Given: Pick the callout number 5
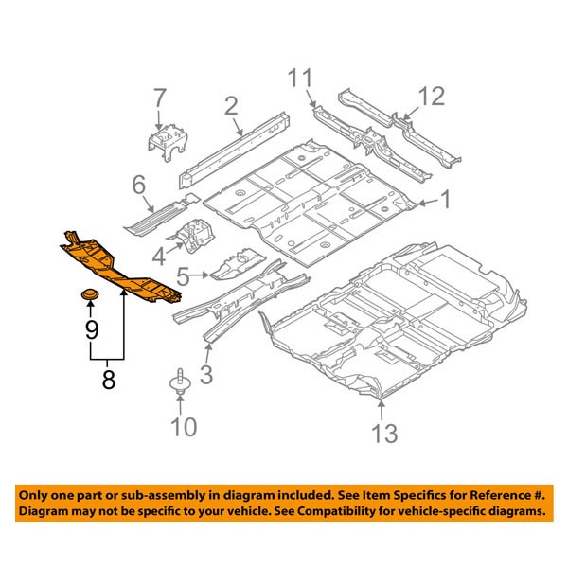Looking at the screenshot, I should coord(185,276).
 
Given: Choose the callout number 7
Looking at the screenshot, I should coord(159,98).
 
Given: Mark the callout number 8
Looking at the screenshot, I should coord(108,380).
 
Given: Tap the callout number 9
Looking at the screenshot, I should coord(91,329).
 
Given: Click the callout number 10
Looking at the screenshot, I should coord(184,427).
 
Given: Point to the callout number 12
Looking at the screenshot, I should coord(431,96).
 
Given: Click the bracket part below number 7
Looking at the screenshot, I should coord(165,141).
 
